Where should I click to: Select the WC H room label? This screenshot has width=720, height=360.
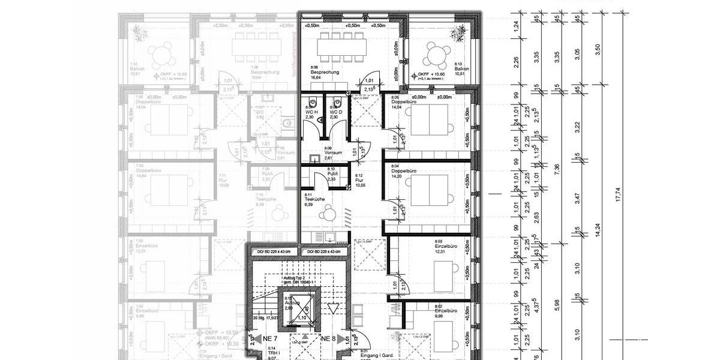310,112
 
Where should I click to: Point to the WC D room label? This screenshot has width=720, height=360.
335,112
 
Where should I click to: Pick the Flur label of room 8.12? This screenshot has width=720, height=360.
359,179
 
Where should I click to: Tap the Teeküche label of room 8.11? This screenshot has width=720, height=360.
315,199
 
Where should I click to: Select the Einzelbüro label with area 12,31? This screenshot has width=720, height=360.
446,246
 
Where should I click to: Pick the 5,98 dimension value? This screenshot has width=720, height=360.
557,305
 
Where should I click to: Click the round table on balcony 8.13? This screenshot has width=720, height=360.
437,55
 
